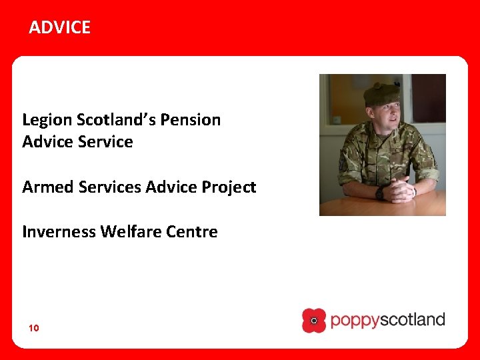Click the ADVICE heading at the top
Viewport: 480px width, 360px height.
[x=59, y=27]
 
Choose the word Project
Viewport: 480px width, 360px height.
[x=229, y=188]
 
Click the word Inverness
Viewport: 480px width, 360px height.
[x=58, y=232]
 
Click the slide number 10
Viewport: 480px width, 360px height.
[x=33, y=328]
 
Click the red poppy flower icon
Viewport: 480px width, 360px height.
[x=314, y=321]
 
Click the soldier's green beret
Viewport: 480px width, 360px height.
[x=381, y=95]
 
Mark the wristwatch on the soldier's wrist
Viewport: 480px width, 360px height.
[x=379, y=193]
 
